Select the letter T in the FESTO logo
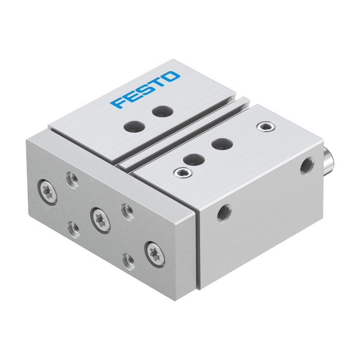point(157,83)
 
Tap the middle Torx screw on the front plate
point(100,221)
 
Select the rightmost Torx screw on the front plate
point(155,255)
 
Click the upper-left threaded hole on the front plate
point(73,180)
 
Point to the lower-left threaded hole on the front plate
point(74,229)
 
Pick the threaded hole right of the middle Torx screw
point(128,212)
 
